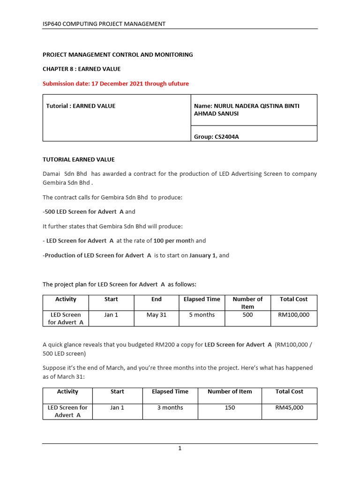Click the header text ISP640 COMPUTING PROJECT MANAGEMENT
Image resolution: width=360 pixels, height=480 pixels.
point(104,24)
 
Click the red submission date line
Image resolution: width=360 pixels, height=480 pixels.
point(116,83)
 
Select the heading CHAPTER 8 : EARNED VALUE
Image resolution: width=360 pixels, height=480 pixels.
point(82,69)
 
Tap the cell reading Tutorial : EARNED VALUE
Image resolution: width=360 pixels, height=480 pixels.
point(81,106)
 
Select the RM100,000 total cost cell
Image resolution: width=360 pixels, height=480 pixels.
point(293,315)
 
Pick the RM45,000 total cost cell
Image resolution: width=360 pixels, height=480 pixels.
point(289,408)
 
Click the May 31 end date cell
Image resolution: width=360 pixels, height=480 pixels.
point(157,315)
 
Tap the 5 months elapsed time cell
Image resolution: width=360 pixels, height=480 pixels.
point(202,315)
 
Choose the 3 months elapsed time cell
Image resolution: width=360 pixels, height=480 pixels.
point(170,408)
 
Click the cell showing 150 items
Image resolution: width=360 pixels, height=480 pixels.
point(230,408)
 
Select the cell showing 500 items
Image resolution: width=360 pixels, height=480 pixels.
point(247,315)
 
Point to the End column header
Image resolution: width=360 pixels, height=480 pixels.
point(157,299)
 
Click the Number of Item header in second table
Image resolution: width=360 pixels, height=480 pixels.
point(230,392)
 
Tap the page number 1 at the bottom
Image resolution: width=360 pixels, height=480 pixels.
point(180,449)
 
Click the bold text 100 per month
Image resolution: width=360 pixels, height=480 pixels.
point(172,240)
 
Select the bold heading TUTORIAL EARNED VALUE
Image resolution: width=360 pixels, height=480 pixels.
point(79,159)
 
